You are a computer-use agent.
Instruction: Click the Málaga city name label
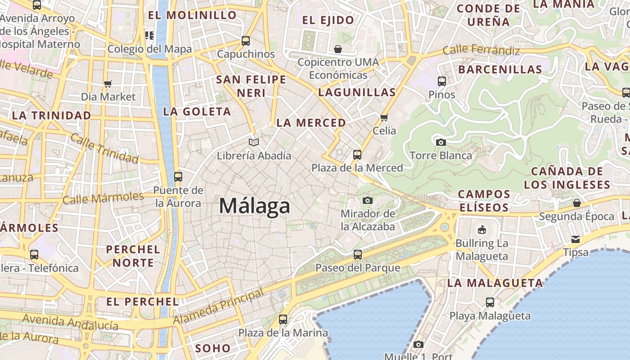[255, 206]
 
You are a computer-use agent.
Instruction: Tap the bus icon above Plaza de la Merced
[357, 155]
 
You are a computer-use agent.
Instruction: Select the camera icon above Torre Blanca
[441, 143]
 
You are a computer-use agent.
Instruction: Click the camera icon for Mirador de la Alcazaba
[368, 200]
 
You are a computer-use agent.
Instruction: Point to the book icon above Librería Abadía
[254, 143]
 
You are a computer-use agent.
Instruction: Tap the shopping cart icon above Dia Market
[108, 84]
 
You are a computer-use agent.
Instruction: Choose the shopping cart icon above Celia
[384, 118]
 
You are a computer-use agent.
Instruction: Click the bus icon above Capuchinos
[246, 41]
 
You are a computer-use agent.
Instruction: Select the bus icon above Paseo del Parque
[358, 255]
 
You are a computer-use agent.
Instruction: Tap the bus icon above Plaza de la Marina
[283, 320]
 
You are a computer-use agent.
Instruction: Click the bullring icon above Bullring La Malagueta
[481, 230]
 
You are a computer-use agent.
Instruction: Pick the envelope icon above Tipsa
[576, 239]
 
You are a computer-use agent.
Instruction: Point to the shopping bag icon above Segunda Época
[577, 203]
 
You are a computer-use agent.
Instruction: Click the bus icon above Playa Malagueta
[490, 302]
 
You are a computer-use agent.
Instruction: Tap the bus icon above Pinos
[442, 81]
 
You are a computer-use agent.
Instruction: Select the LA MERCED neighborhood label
[311, 123]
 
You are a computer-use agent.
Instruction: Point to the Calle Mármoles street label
[103, 198]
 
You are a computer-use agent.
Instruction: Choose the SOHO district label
[213, 348]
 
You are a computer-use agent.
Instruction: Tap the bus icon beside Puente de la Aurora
[178, 177]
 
